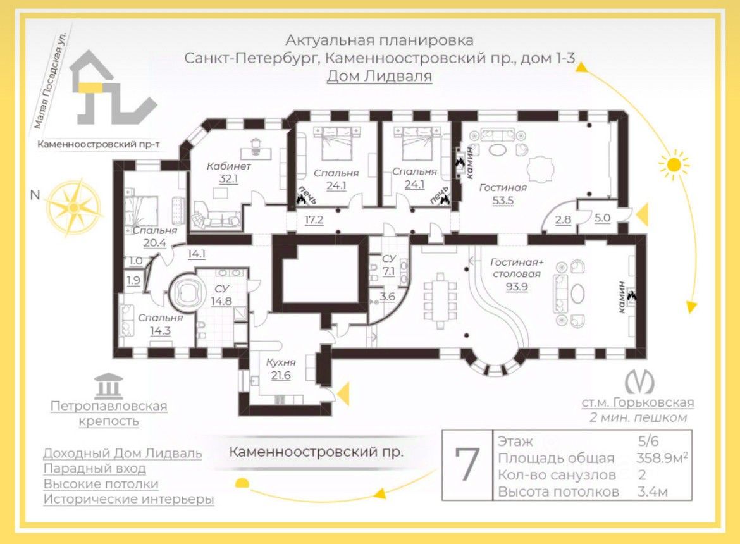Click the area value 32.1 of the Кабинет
click(x=228, y=179)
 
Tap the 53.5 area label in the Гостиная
click(x=503, y=201)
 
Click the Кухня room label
click(x=281, y=362)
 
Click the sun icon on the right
click(x=674, y=166)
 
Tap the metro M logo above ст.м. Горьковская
click(x=639, y=381)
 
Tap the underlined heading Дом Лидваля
click(x=379, y=77)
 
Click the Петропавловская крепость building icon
click(x=108, y=385)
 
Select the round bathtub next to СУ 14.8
click(x=187, y=292)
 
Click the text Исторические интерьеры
click(x=128, y=499)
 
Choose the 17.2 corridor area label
click(x=314, y=220)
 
